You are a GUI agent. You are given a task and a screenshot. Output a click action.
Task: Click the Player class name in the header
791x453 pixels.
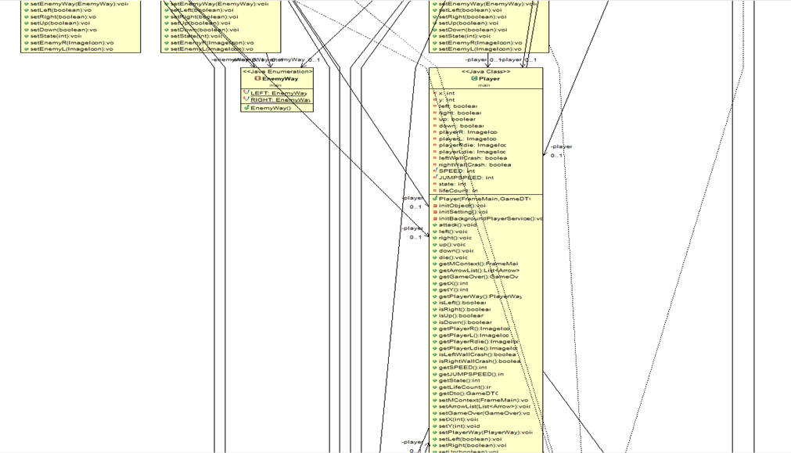[489, 79]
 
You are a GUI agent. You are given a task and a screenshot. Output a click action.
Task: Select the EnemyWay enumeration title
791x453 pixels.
[280, 79]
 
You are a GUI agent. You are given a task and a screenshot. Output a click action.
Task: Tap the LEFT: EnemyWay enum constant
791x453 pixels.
[279, 93]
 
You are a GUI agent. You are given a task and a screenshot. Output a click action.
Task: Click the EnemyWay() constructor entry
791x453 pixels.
[271, 108]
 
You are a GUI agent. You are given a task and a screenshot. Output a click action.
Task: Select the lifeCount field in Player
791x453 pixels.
[458, 190]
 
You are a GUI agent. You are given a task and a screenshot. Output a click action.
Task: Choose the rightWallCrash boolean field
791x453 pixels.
[474, 164]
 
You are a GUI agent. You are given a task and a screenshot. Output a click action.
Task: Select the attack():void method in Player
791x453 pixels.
[458, 225]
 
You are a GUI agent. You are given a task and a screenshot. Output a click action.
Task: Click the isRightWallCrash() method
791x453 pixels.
[479, 361]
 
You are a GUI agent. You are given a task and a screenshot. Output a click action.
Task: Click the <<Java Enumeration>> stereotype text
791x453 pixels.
[278, 72]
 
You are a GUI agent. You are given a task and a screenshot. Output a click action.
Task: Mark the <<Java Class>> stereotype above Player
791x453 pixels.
[486, 72]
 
